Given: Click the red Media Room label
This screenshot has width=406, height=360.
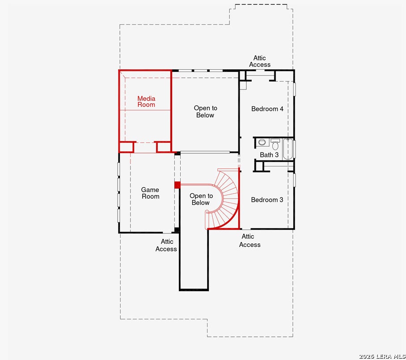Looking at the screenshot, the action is click(146, 102).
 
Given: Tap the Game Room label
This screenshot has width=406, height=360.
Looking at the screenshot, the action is click(150, 193).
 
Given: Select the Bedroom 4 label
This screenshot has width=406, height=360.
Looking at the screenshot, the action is click(267, 109).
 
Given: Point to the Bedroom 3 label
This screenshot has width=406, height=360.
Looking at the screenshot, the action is click(267, 200).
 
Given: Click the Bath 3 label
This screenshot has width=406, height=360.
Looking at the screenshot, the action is click(269, 155).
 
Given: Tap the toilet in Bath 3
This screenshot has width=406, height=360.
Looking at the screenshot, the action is click(275, 144).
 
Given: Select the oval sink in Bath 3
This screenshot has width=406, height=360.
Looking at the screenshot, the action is click(262, 142).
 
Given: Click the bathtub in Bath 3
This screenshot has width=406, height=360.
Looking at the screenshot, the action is click(288, 149).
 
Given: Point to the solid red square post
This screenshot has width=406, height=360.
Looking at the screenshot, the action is click(178, 185).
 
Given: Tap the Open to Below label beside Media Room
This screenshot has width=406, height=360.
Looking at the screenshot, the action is click(205, 112).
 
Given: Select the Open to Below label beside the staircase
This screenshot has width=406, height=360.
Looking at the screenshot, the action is click(201, 199).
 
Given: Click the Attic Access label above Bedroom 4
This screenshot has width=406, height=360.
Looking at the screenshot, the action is click(260, 61).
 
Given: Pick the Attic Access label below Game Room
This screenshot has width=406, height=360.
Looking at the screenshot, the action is click(166, 245).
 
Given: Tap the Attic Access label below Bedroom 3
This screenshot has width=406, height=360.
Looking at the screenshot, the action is click(250, 241).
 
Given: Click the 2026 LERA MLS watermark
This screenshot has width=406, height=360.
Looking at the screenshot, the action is click(382, 356).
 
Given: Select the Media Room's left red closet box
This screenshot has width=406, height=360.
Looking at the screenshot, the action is click(127, 147).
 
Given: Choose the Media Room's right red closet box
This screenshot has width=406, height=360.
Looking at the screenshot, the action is click(164, 147).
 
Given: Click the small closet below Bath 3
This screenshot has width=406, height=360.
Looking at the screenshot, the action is click(259, 166).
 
